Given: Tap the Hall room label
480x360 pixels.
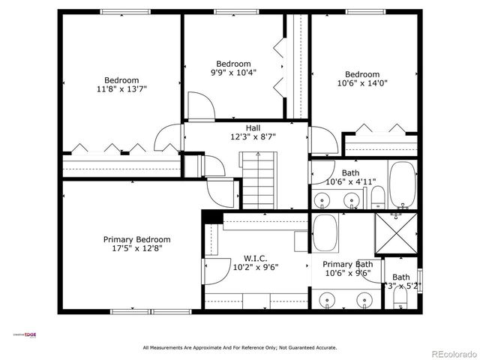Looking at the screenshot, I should (253, 128).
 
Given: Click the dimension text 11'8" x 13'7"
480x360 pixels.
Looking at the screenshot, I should (121, 89).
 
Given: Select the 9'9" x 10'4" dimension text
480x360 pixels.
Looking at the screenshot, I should (233, 73).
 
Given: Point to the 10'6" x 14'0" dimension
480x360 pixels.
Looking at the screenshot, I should (362, 83).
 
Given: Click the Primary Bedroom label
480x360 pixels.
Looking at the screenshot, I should (132, 239).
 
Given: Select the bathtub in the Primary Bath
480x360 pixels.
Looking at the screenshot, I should (325, 233).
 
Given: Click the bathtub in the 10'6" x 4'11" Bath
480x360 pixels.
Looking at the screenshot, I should (403, 184).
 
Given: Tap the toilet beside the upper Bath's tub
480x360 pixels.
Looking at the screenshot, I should (377, 198).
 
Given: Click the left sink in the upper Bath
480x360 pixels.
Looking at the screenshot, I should (322, 200).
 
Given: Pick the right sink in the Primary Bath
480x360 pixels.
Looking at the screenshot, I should (365, 300).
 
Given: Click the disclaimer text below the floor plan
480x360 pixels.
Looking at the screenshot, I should (240, 347).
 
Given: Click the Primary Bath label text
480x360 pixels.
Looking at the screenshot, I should (347, 264).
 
